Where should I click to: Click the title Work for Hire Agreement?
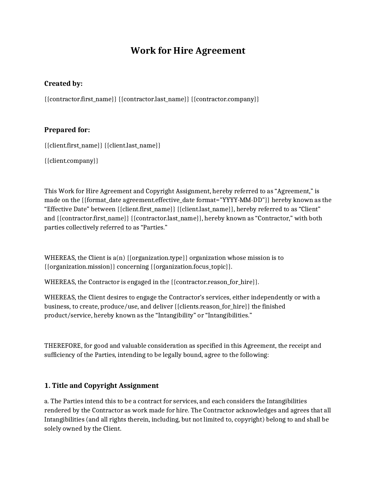[x=188, y=50]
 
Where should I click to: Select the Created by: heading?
[x=63, y=84]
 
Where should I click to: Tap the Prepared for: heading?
[x=67, y=130]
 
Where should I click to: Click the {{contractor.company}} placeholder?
[x=225, y=99]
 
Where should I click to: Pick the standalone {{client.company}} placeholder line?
[x=71, y=161]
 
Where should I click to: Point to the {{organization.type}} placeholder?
[x=157, y=258]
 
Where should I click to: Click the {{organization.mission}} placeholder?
[x=80, y=267]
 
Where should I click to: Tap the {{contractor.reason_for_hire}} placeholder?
[x=215, y=282]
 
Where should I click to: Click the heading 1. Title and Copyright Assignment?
[x=101, y=386]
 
